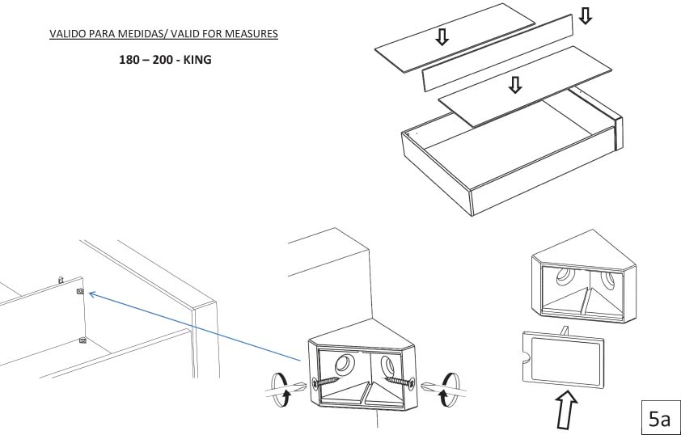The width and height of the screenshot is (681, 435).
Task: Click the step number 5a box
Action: coord(661,418)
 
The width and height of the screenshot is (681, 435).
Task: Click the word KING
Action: coord(197,60)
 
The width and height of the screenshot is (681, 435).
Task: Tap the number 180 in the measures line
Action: coord(129,60)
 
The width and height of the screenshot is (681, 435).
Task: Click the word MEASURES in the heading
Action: coord(252,34)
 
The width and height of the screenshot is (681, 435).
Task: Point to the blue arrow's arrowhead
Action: coord(92,295)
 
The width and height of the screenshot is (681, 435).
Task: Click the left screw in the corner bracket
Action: coord(326,382)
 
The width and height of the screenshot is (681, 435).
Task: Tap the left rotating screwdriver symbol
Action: coord(280,390)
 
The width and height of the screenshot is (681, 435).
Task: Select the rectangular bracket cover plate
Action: coord(563,360)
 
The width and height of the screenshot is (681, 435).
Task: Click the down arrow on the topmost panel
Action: coord(442,37)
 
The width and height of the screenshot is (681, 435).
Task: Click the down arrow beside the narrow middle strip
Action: coord(586,15)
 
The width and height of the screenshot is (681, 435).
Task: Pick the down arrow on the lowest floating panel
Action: coord(515,85)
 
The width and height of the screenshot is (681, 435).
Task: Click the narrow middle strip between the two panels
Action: coord(497,53)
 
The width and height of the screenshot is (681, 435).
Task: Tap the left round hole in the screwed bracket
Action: coord(344,363)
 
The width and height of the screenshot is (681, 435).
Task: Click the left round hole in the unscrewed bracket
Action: coord(565,276)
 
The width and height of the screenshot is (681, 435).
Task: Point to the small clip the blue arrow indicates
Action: coord(80,291)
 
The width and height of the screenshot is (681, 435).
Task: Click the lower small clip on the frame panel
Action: coord(82,340)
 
